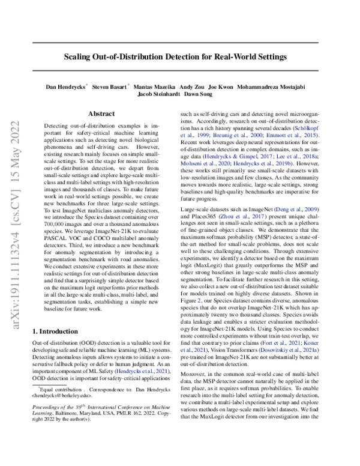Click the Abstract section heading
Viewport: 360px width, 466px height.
pyautogui.click(x=101, y=113)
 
